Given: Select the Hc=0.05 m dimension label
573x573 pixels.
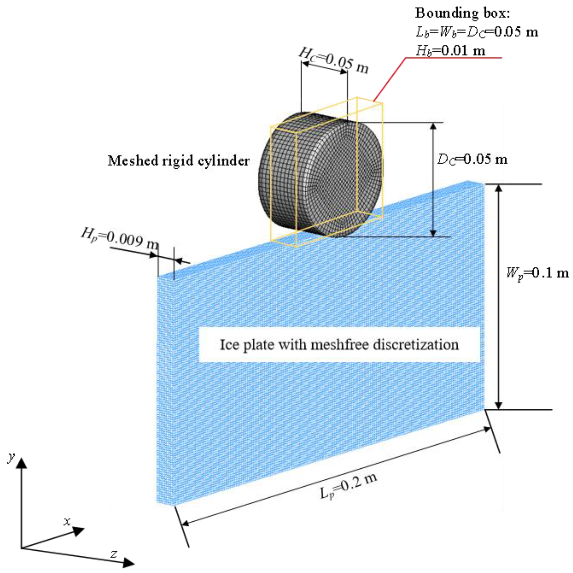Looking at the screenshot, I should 334,61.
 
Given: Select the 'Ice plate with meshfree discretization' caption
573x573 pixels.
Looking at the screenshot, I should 339,345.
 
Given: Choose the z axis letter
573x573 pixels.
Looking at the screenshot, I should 113,553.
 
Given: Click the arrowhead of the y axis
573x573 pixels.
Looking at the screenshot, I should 21,463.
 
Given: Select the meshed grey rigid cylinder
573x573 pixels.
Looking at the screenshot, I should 320,175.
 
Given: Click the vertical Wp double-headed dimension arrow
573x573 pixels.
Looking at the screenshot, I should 499,296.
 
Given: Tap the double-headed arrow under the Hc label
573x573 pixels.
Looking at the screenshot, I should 325,68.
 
